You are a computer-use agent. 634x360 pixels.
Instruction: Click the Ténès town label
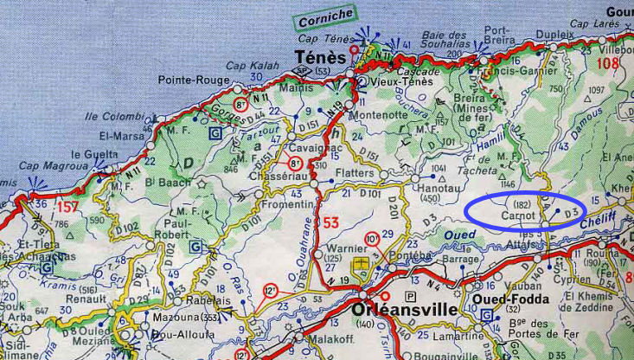tap(319, 57)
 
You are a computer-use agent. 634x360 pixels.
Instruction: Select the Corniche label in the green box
tap(325, 16)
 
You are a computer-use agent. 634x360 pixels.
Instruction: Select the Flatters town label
tap(352, 173)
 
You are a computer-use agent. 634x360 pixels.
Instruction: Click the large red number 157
tap(67, 208)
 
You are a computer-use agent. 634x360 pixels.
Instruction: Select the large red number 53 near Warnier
tap(330, 224)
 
